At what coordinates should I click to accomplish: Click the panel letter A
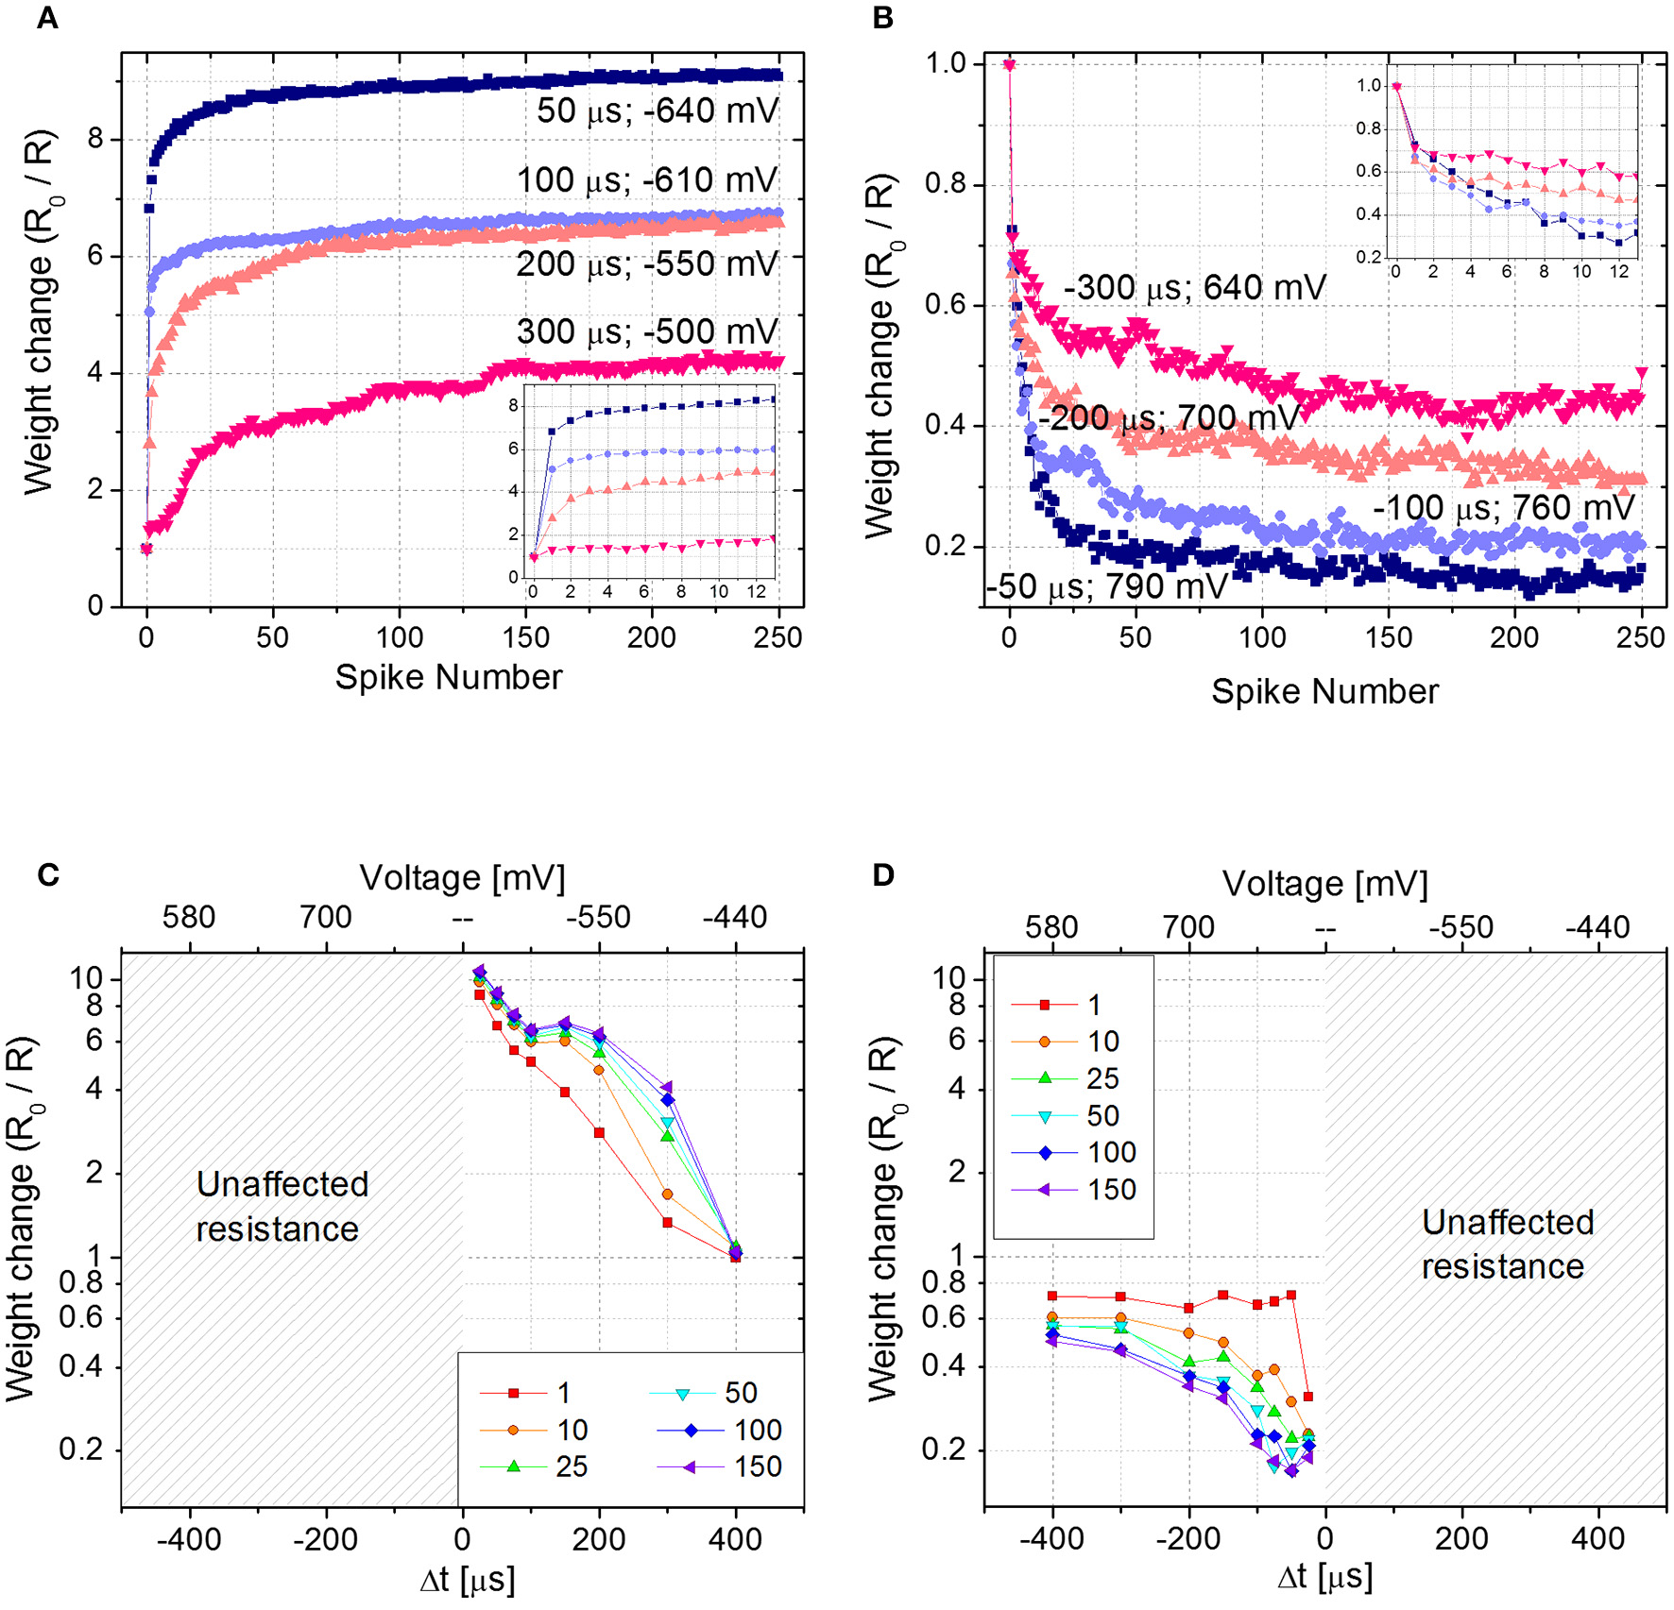point(46,18)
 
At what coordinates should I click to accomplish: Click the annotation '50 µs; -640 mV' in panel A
point(657,110)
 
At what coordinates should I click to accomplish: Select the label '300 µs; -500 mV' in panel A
point(646,332)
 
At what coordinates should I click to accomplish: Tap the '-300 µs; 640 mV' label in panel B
point(1194,287)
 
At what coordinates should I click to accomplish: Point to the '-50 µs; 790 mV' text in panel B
point(1106,586)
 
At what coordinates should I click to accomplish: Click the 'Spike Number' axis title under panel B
point(1324,691)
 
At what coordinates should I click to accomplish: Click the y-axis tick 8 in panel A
point(94,140)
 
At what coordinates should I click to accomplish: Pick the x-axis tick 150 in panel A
point(525,637)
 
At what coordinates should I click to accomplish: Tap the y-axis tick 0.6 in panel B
point(946,304)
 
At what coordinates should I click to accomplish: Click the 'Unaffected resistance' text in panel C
point(281,1206)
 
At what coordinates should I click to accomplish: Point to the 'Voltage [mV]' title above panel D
point(1324,884)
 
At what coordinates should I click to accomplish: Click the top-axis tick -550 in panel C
point(598,917)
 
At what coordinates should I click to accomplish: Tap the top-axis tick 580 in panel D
point(1051,927)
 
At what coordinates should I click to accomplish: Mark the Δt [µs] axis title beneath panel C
point(467,1579)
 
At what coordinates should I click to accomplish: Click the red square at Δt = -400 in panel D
point(1052,1296)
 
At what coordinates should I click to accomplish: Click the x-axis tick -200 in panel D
point(1187,1538)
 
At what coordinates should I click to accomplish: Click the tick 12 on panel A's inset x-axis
point(756,591)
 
